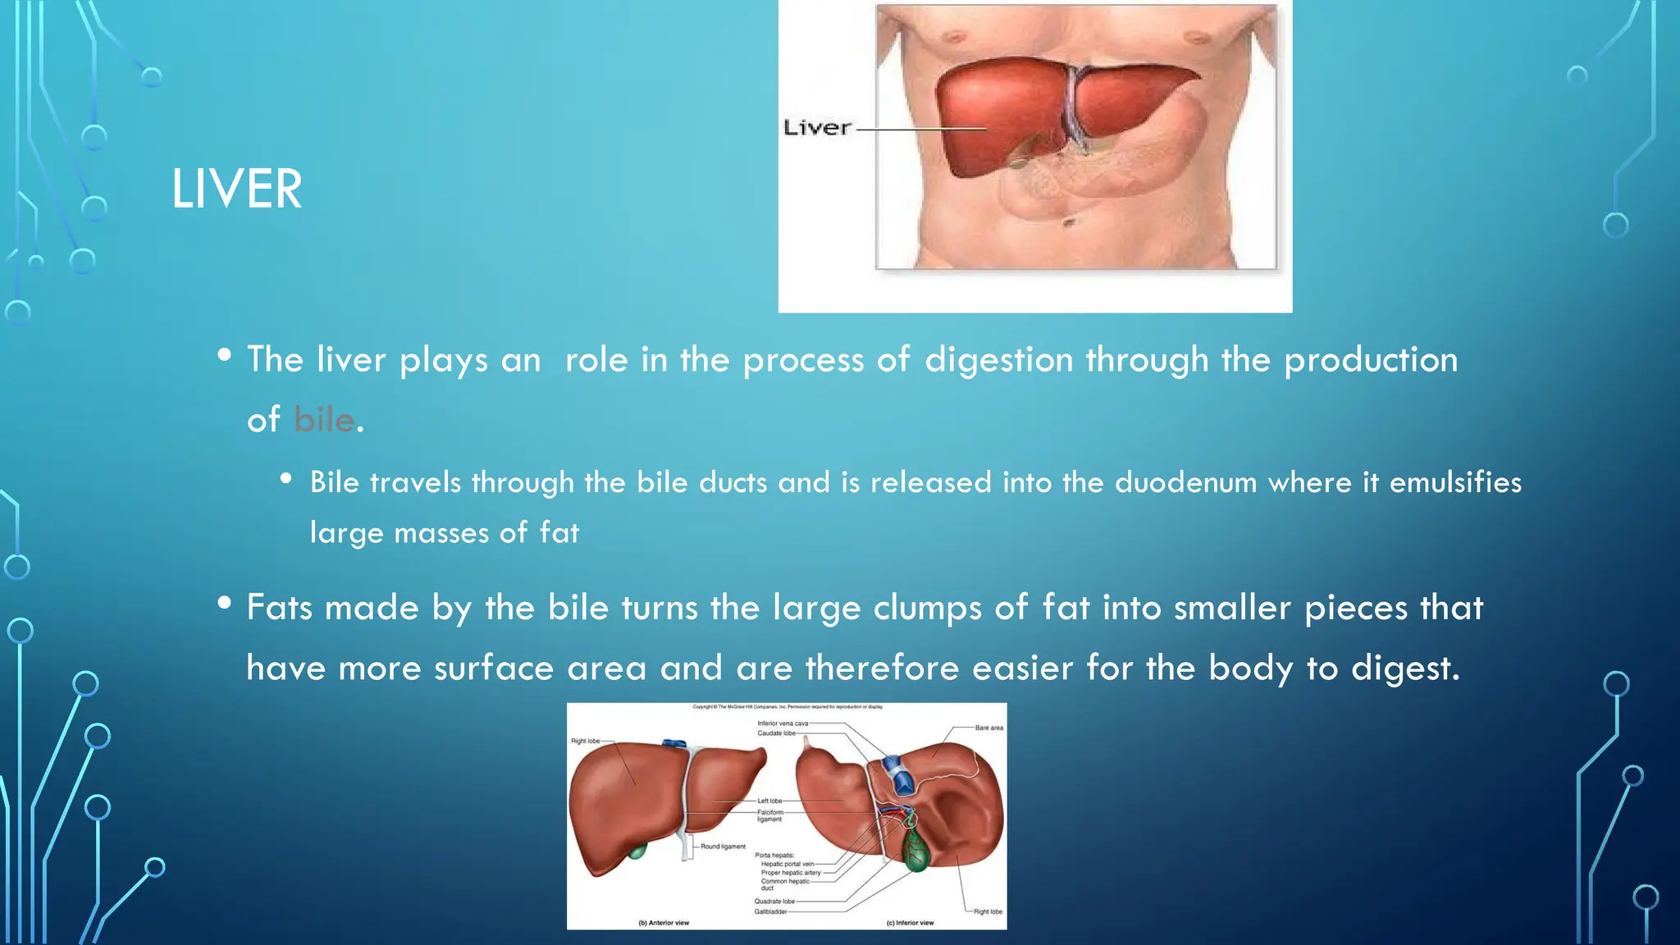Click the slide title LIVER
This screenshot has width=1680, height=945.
(x=236, y=189)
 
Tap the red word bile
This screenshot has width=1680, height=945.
(x=324, y=420)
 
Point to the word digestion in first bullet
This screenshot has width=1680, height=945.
(x=998, y=360)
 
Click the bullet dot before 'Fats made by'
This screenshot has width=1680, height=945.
(x=225, y=604)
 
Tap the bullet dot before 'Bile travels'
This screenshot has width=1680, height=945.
(x=285, y=478)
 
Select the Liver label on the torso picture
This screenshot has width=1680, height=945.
(x=817, y=128)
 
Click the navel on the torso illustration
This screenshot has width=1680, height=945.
(x=1069, y=222)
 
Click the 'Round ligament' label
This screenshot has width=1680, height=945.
(x=723, y=847)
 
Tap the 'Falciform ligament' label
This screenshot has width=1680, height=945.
(x=769, y=815)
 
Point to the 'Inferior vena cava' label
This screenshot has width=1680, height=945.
(x=783, y=724)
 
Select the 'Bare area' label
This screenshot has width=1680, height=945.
(x=988, y=728)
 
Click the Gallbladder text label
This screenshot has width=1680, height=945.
(x=770, y=911)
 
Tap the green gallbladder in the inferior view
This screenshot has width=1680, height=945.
(x=915, y=849)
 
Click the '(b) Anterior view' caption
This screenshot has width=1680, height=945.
(x=664, y=923)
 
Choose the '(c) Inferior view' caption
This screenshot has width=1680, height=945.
(x=910, y=923)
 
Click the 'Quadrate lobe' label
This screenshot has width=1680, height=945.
(x=774, y=901)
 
